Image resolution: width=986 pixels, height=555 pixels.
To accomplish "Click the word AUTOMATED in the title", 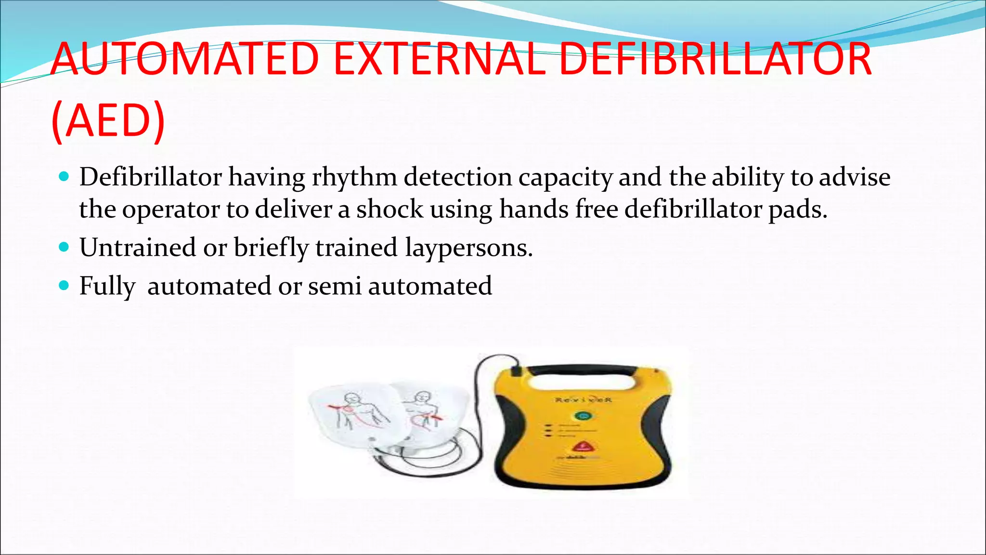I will click(185, 60).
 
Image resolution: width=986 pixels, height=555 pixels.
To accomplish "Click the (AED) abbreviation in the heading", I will click(108, 120).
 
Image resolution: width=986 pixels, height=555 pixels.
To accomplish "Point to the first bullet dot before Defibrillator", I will click(64, 177).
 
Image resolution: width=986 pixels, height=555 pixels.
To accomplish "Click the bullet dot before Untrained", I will click(64, 247).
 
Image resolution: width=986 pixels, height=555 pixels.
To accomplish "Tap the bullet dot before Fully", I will click(64, 286).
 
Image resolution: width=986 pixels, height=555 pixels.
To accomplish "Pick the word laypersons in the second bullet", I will click(468, 248).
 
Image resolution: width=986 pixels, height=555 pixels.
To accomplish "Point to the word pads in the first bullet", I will click(797, 209).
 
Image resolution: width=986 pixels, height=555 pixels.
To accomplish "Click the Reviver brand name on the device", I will click(583, 399).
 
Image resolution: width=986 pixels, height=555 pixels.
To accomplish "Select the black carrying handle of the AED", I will click(583, 370).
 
